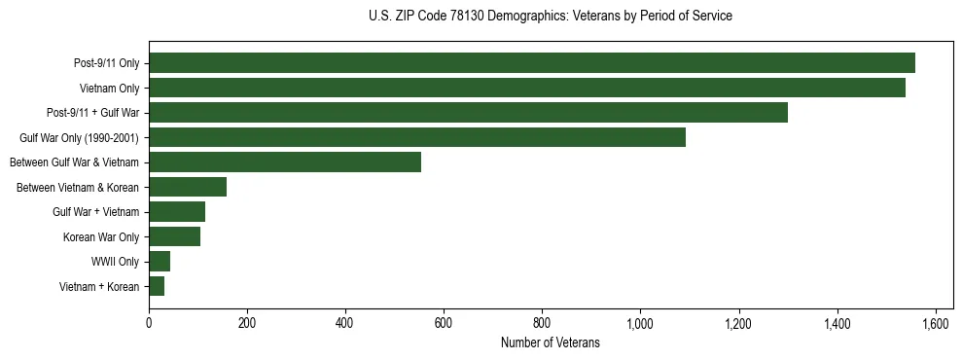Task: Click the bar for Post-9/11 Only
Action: point(531,63)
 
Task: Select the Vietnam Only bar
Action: point(526,88)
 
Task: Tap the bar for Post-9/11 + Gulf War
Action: point(468,113)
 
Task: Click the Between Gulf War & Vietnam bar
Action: point(285,162)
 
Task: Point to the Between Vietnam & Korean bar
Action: point(188,187)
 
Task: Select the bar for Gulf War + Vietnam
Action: point(177,212)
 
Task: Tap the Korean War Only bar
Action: point(174,236)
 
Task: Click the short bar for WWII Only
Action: point(160,262)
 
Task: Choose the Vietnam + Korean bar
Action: point(157,286)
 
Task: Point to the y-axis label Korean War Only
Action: point(101,236)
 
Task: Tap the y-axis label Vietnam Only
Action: point(109,88)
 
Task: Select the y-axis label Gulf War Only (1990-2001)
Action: point(79,137)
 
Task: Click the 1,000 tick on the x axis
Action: point(640,322)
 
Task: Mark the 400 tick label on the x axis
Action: point(345,322)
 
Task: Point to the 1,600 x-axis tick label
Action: point(935,322)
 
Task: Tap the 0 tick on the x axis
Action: point(149,322)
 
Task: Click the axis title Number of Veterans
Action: point(550,343)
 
